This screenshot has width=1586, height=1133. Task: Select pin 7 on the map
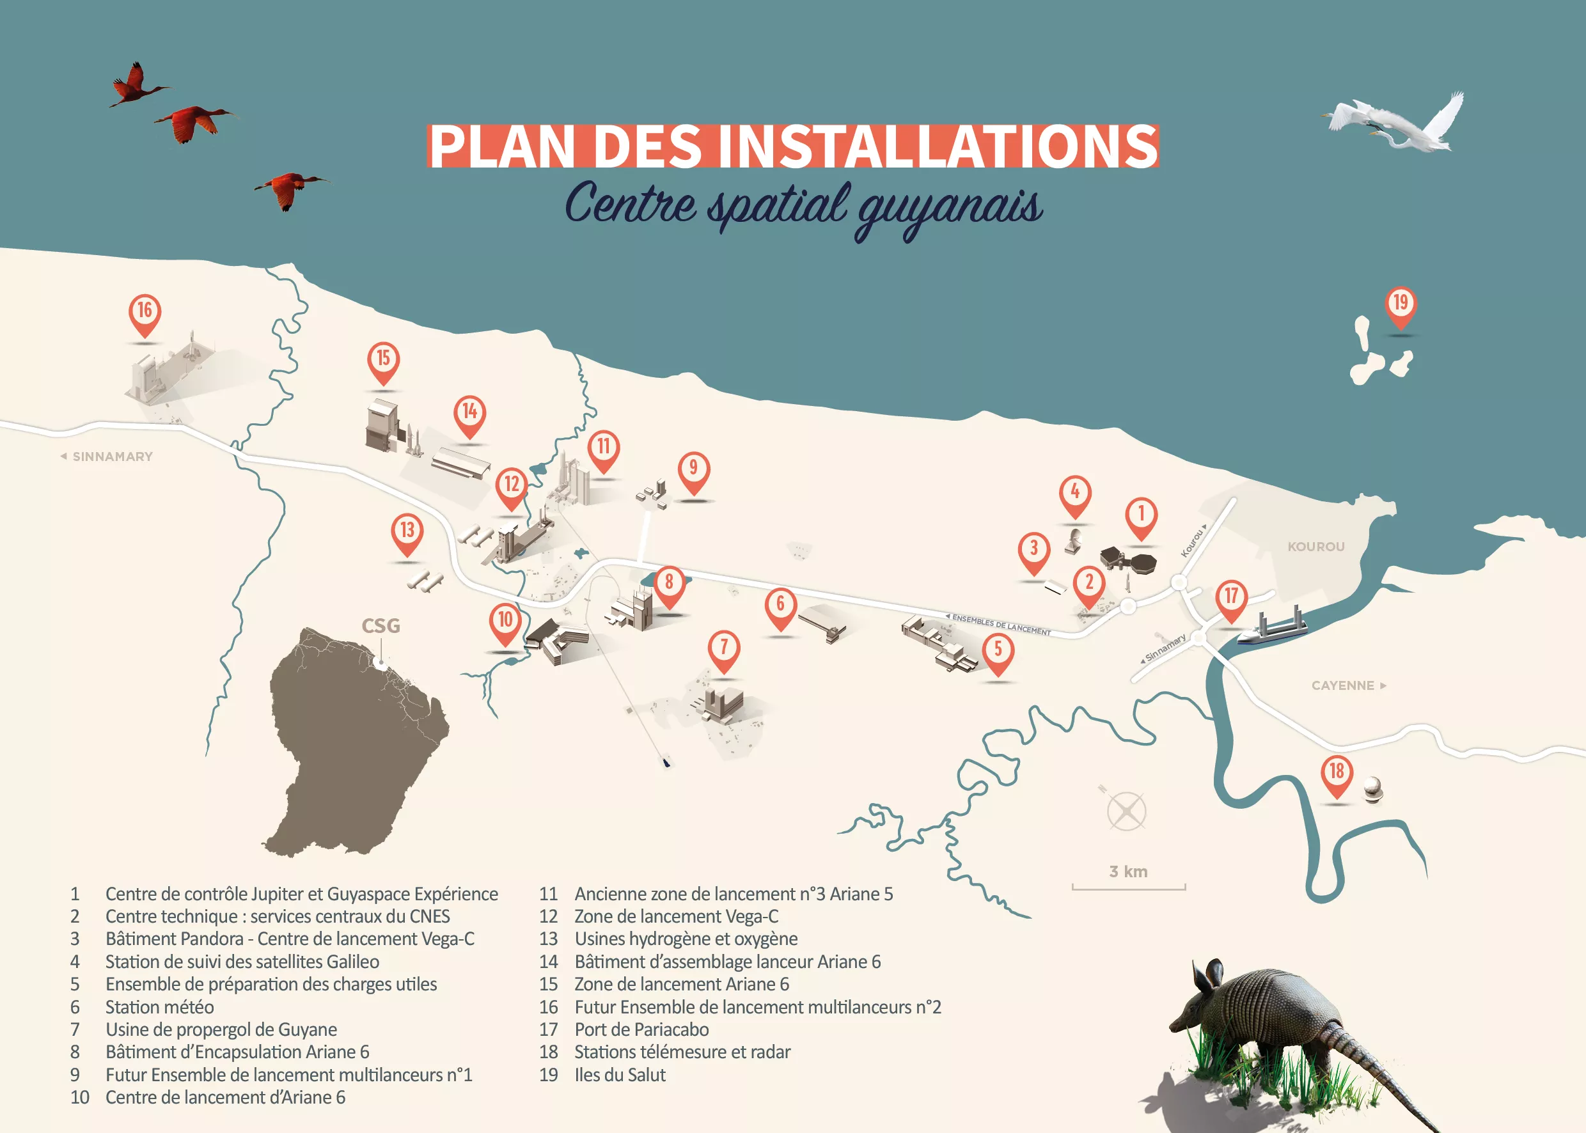723,648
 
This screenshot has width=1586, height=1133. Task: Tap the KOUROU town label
1315,546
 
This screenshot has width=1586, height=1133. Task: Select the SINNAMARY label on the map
112,457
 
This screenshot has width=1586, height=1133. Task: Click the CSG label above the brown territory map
381,626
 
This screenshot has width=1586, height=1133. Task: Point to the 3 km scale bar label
1128,871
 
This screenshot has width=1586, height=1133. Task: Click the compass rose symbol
1126,811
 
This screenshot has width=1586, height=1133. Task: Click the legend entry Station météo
159,1007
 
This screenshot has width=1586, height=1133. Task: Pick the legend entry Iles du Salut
620,1074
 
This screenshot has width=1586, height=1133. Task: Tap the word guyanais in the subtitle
949,208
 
